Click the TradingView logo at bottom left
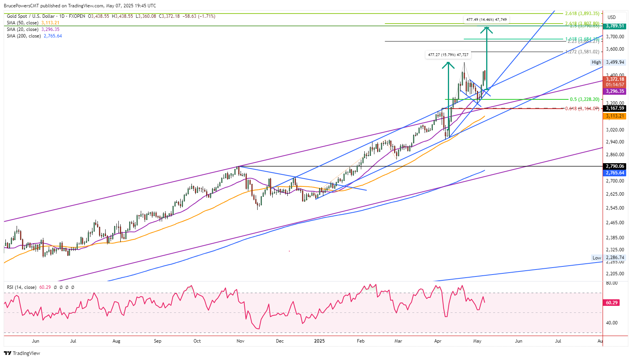(22, 353)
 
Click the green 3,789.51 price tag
(615, 26)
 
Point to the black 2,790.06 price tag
(615, 166)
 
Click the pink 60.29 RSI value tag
(612, 303)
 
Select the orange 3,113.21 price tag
(615, 116)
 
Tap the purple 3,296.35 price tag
(615, 91)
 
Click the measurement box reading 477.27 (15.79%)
(448, 55)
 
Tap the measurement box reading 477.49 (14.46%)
(486, 20)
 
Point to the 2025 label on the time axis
(319, 341)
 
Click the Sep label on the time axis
(157, 341)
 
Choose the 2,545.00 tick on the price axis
(615, 208)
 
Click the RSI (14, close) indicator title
(22, 287)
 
